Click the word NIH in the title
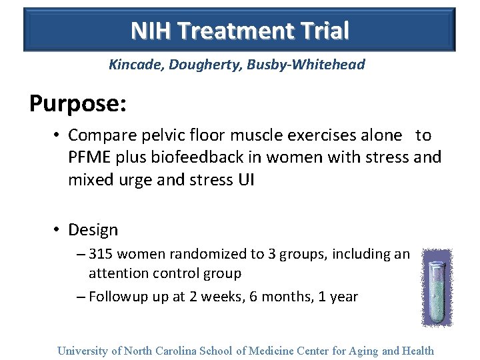click(149, 31)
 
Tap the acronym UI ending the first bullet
click(245, 179)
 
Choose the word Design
click(93, 230)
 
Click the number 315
click(101, 254)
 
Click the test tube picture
click(437, 287)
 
